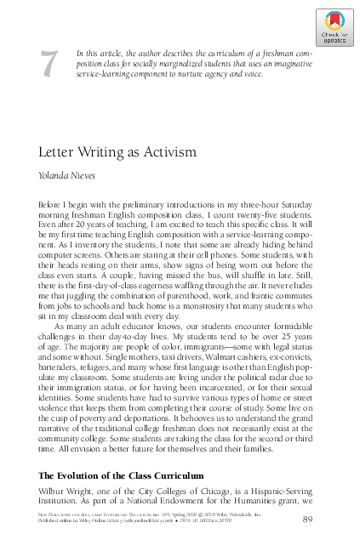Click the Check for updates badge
point(334,27)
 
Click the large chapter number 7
point(50,65)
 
